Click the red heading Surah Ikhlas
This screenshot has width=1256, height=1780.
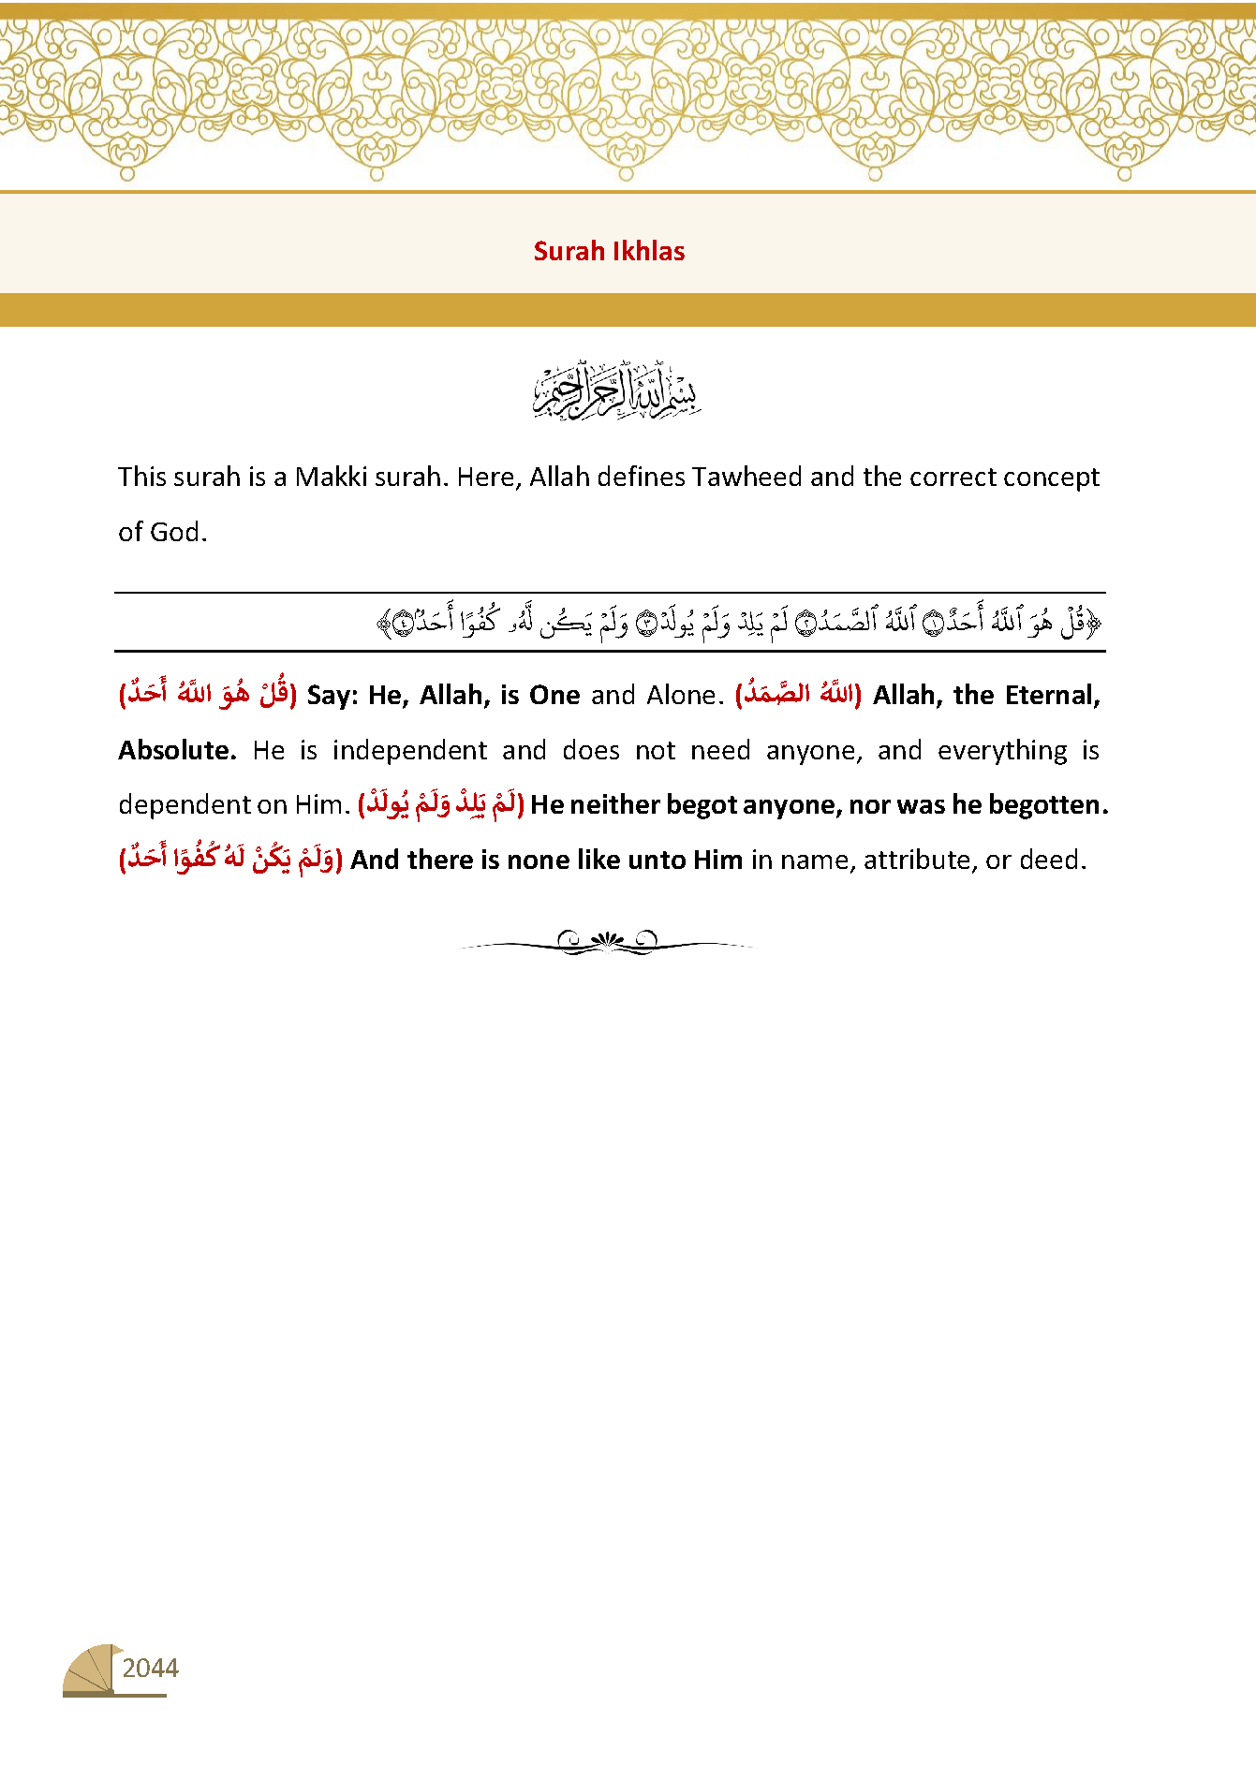(x=609, y=251)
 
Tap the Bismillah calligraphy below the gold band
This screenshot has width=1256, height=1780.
(x=617, y=390)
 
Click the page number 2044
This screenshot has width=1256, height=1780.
(x=150, y=1668)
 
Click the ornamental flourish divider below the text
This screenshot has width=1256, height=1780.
(x=607, y=942)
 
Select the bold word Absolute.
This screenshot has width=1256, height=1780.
(x=177, y=751)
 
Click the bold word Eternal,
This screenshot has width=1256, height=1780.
(x=1052, y=696)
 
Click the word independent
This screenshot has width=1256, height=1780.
(x=409, y=751)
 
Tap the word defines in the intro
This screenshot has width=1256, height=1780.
(x=641, y=478)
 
